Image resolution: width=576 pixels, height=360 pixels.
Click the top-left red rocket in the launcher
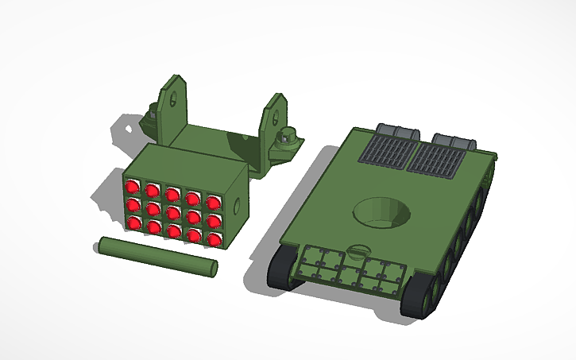(x=132, y=188)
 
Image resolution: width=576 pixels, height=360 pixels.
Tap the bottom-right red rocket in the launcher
(x=213, y=238)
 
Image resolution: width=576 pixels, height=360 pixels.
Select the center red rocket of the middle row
(x=172, y=211)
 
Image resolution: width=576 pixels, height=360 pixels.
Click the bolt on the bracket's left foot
(x=151, y=111)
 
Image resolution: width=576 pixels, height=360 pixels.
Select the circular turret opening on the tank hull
(x=381, y=212)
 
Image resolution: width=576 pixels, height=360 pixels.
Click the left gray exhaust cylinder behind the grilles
(x=396, y=130)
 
